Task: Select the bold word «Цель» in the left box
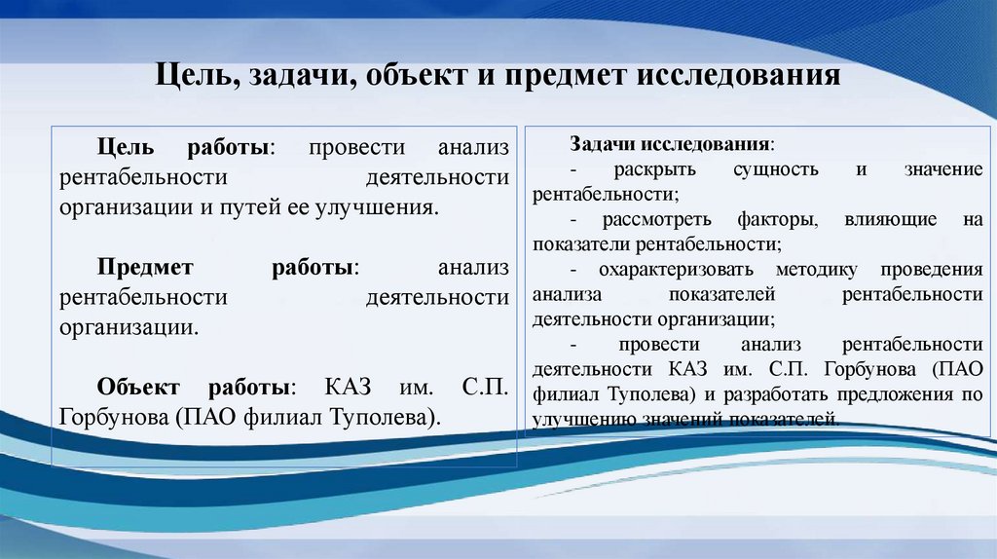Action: click(x=124, y=149)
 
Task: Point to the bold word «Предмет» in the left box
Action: click(x=146, y=268)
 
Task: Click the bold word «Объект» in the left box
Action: click(x=138, y=387)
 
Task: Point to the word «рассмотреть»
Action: click(x=648, y=219)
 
